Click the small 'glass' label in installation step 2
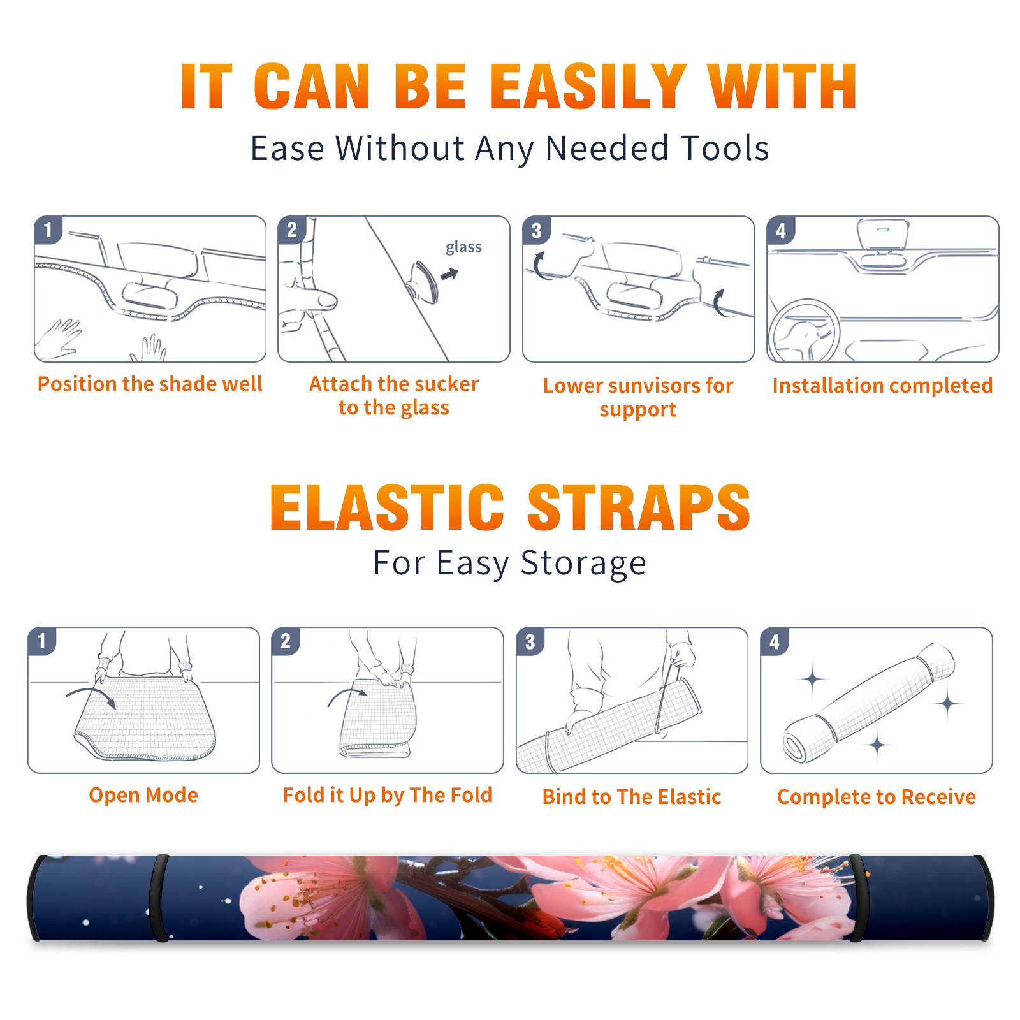click(x=463, y=247)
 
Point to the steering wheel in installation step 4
click(x=804, y=331)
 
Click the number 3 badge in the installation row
click(x=536, y=231)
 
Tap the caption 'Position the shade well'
click(x=150, y=384)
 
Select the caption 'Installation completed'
click(x=882, y=386)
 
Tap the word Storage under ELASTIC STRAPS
click(x=583, y=564)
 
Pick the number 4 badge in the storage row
click(x=775, y=641)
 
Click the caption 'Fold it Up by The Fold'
click(x=388, y=795)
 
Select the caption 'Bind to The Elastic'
click(x=632, y=797)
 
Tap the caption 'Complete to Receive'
click(x=877, y=797)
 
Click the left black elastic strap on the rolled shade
click(x=159, y=898)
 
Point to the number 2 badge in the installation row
click(x=292, y=230)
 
